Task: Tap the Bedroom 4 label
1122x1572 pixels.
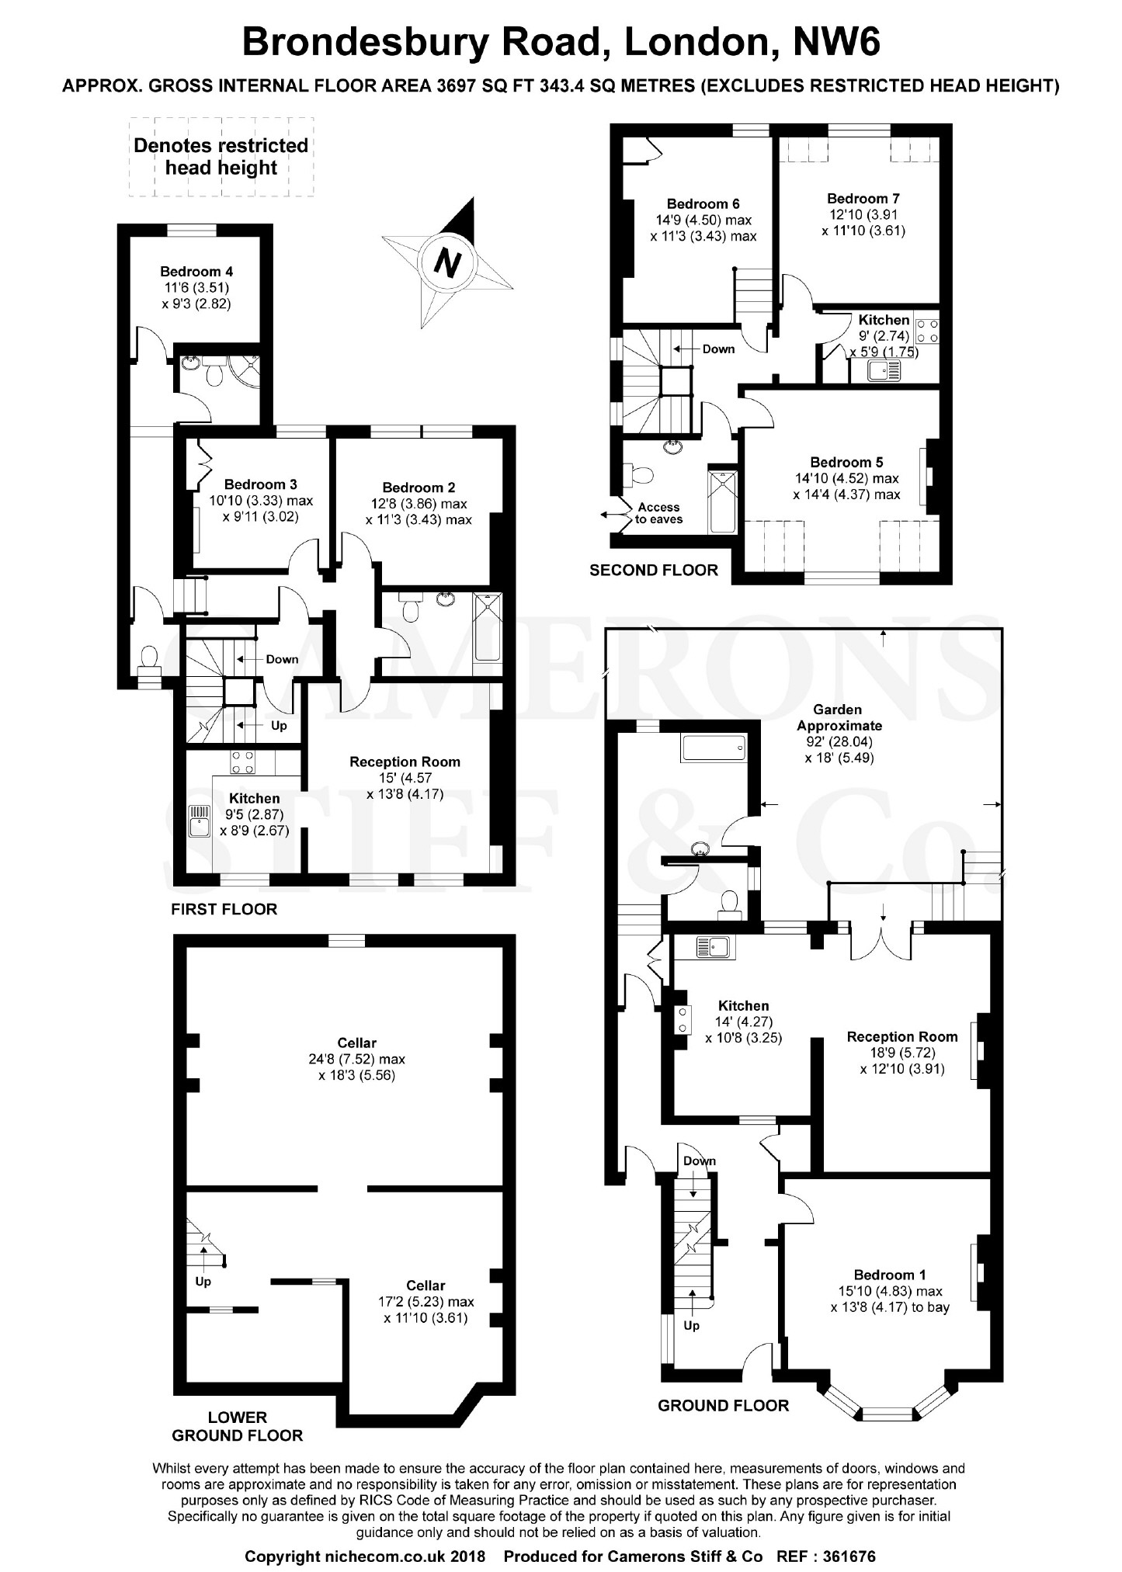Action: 196,272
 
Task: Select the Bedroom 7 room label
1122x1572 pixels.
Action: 863,199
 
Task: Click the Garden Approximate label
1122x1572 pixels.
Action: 838,717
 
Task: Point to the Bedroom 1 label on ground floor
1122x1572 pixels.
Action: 890,1275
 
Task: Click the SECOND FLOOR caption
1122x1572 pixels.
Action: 654,571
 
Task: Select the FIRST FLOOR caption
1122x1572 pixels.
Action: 224,909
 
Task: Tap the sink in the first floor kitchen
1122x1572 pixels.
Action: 200,821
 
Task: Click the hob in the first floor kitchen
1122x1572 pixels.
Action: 242,762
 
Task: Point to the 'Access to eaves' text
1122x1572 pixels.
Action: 658,513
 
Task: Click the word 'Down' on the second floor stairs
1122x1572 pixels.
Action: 718,349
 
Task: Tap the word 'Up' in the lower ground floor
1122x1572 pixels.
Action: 203,1282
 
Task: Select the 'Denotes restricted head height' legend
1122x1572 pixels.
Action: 221,157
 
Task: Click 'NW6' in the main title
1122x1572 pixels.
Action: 836,42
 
